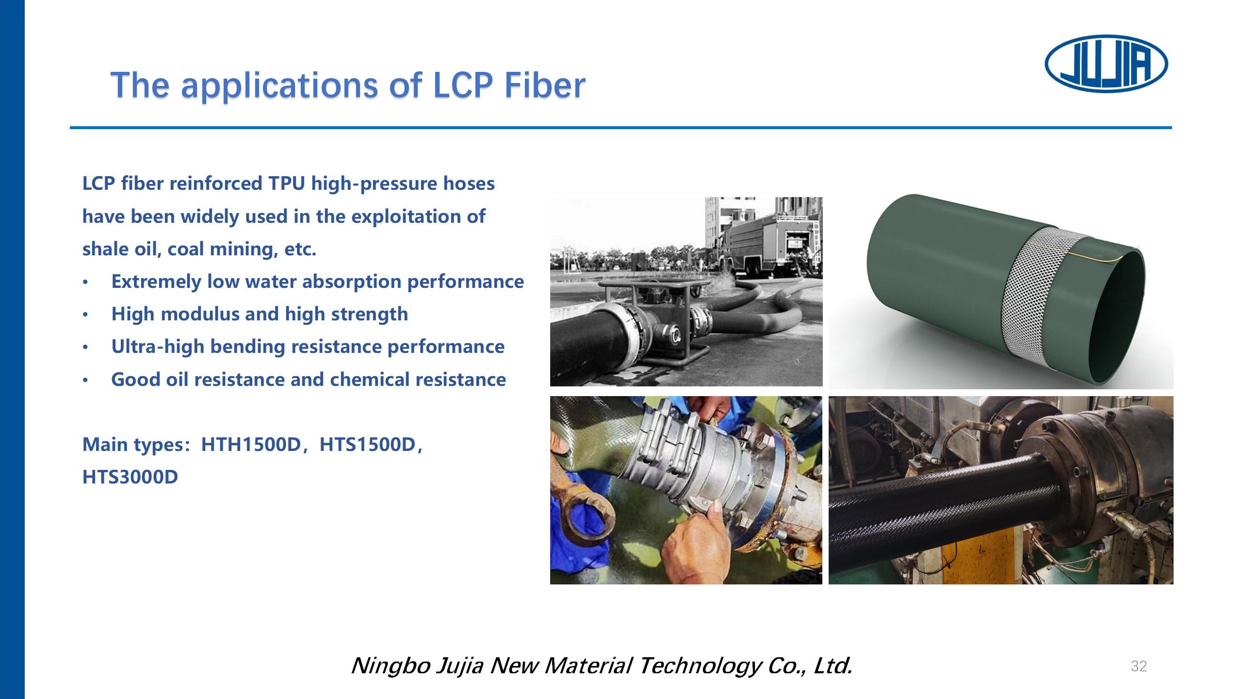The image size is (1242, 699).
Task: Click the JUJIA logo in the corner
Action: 1106,64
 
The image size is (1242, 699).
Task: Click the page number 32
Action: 1139,666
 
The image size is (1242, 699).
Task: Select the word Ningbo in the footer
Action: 391,666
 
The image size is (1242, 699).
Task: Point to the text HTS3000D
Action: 130,477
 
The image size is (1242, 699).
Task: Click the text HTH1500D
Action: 251,445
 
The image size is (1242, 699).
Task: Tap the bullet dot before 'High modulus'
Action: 85,315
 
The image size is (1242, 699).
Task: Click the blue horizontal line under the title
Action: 621,128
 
